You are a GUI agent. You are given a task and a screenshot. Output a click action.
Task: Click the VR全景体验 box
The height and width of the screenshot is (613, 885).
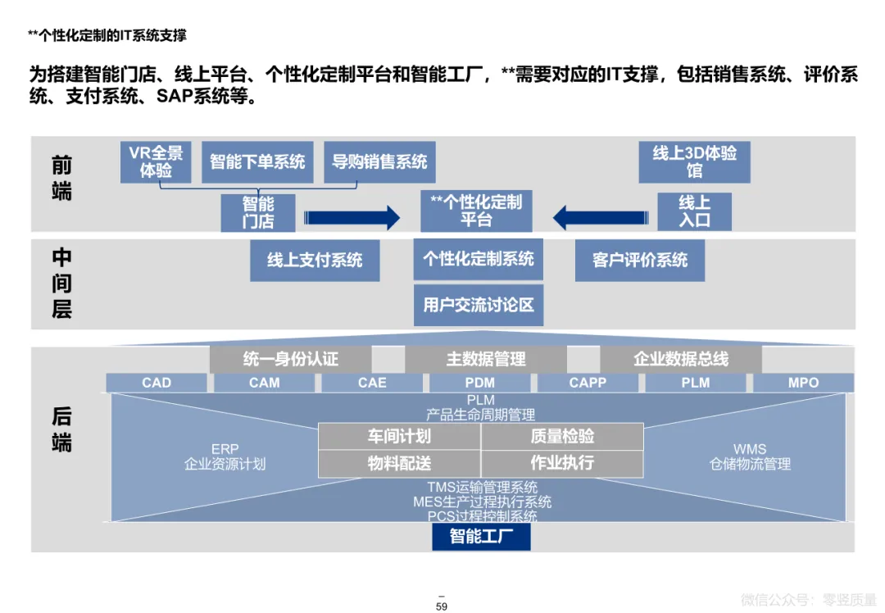(156, 161)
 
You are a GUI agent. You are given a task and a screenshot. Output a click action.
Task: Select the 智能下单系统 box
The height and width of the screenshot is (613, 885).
(257, 161)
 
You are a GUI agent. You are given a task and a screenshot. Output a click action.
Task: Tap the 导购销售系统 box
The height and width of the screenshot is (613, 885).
(379, 161)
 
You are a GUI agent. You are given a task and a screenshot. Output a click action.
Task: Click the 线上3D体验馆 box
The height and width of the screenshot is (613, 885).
(694, 161)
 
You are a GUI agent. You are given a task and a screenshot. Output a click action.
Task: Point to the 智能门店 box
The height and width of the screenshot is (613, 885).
(257, 212)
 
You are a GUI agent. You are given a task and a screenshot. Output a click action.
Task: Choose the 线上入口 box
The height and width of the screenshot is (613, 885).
(694, 212)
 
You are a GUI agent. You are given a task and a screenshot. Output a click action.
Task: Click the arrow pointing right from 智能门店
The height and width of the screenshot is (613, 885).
(352, 218)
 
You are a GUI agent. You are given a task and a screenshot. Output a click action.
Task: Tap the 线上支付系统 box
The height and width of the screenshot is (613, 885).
(315, 261)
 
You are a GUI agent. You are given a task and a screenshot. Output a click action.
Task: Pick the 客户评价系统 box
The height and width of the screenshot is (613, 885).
(640, 261)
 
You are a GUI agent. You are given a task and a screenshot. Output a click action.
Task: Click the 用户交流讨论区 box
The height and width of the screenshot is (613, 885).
(479, 305)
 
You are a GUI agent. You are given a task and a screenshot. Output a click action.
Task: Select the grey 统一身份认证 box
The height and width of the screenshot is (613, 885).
(291, 359)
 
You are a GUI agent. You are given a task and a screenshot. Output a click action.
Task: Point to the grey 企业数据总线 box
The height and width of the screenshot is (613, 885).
(681, 359)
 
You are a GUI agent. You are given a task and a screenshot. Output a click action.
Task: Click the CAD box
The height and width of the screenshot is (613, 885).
(157, 383)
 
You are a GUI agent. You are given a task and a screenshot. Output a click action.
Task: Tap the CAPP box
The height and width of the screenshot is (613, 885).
(588, 383)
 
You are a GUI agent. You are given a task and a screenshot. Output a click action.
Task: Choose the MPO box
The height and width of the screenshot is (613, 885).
(803, 383)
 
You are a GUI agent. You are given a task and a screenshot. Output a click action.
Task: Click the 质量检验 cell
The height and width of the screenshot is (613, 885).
(562, 437)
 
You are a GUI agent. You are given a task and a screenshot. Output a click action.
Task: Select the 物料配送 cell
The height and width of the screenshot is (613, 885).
(399, 464)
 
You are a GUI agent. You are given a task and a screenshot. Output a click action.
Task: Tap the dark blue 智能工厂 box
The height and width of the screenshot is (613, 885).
(481, 537)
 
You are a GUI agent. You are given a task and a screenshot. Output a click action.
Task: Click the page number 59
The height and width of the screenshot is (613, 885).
(442, 607)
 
